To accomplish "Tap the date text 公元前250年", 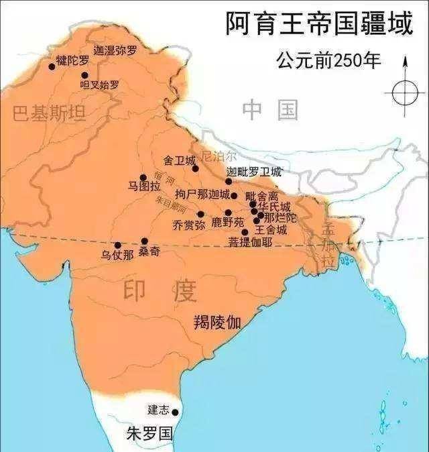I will pos(328,62).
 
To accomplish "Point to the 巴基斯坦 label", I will pos(50,113).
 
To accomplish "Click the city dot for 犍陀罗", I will pos(52,66).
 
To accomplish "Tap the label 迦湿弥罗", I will pos(115,50).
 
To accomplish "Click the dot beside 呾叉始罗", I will pos(84,75).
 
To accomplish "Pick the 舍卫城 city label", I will pos(180,161).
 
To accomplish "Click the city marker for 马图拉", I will pos(143,178).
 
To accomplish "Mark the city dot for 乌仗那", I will pos(118,245).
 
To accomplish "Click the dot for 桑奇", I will pos(145,241).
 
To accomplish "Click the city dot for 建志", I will pos(175,412).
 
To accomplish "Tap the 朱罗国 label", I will pos(149,433).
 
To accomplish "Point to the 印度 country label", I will pos(160,291).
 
